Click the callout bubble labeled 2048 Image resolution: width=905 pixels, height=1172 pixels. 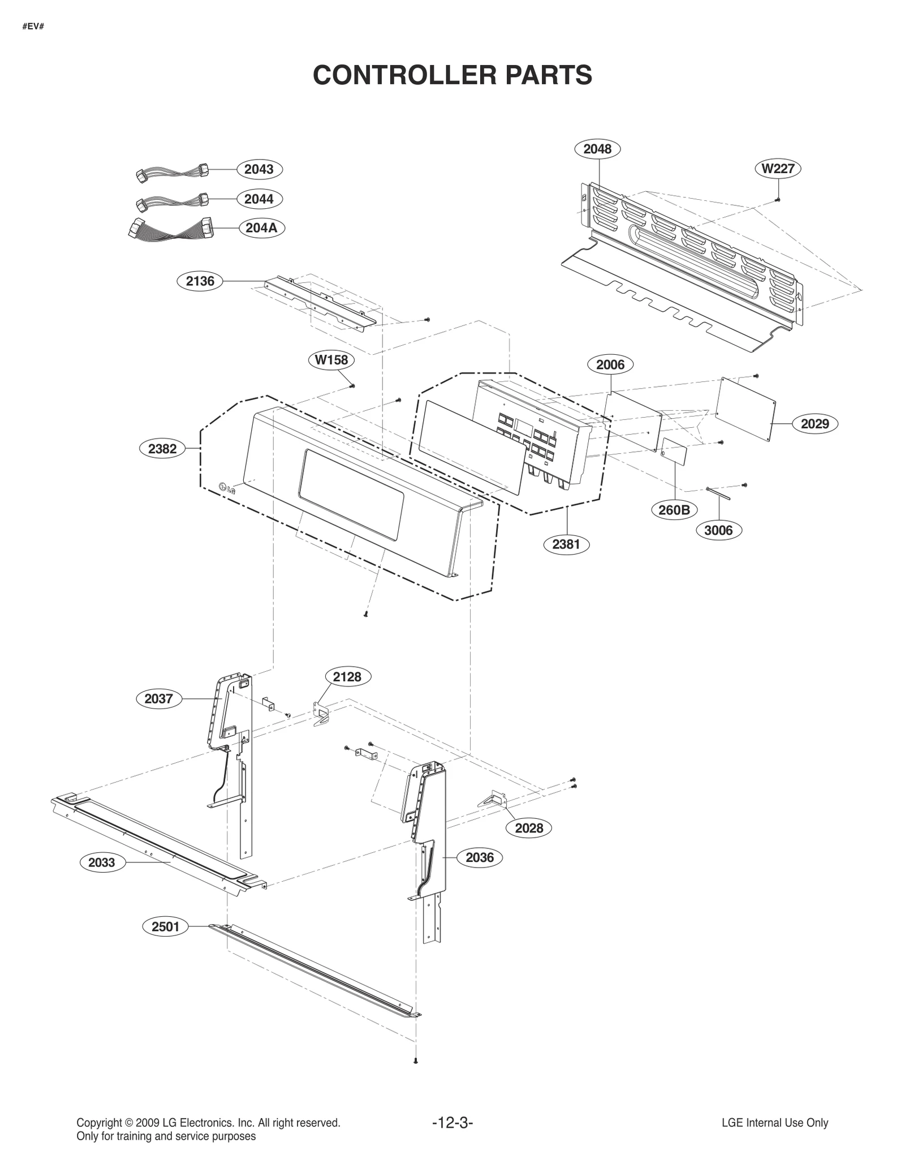click(x=597, y=149)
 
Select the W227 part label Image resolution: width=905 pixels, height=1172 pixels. click(x=778, y=169)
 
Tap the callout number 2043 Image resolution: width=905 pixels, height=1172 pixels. click(x=259, y=169)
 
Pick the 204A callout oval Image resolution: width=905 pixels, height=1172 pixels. click(x=261, y=227)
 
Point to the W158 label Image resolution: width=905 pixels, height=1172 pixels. click(x=331, y=360)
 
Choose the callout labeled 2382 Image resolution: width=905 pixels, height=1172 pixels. click(x=162, y=449)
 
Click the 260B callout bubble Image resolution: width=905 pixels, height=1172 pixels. click(x=674, y=510)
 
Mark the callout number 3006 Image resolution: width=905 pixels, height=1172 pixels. click(x=718, y=530)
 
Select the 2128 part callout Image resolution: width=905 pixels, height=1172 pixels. click(x=347, y=677)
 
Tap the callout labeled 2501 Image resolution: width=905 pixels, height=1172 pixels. click(x=165, y=926)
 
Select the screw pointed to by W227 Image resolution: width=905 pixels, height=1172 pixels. click(x=778, y=200)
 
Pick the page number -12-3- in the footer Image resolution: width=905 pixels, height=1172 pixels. click(x=453, y=1123)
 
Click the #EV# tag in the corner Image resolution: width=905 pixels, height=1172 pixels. click(x=33, y=27)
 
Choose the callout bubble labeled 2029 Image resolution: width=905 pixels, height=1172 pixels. click(x=815, y=423)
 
